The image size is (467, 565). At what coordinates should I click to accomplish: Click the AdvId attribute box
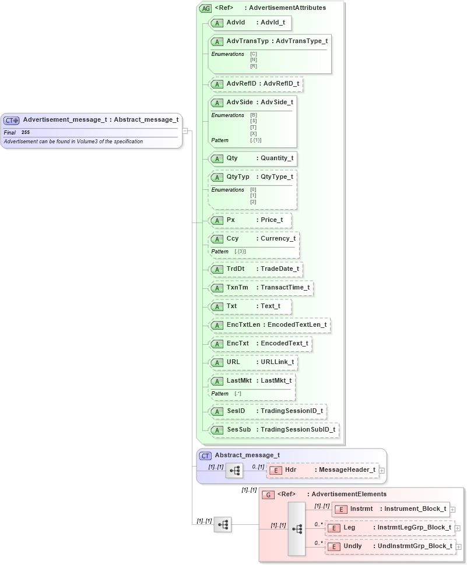(x=250, y=23)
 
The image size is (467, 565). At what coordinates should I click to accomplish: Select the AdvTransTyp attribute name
(x=247, y=41)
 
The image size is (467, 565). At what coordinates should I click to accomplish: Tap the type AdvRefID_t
(x=281, y=84)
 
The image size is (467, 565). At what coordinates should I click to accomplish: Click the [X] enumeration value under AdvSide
(x=254, y=134)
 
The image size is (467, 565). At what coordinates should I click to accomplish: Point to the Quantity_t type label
(x=277, y=158)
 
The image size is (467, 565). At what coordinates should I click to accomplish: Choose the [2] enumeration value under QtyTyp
(x=253, y=202)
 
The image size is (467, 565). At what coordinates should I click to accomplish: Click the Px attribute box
(x=250, y=220)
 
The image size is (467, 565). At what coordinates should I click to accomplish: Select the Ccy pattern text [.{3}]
(x=240, y=251)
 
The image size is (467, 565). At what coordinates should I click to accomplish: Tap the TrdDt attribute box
(x=256, y=269)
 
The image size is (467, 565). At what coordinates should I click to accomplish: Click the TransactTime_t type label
(x=286, y=288)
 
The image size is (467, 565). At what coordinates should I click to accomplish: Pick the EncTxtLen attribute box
(x=269, y=325)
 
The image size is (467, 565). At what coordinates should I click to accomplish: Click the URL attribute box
(x=254, y=362)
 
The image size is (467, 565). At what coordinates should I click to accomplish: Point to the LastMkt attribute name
(x=238, y=381)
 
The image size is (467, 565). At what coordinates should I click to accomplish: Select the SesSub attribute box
(x=274, y=430)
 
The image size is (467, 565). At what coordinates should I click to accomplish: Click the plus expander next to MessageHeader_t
(x=382, y=470)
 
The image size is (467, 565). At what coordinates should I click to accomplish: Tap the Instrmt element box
(x=391, y=509)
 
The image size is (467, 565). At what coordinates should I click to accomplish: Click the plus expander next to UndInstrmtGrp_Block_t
(x=458, y=547)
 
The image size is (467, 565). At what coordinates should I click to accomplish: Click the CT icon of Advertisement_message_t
(x=12, y=121)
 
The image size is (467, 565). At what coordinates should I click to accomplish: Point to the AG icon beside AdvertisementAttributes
(x=205, y=8)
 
